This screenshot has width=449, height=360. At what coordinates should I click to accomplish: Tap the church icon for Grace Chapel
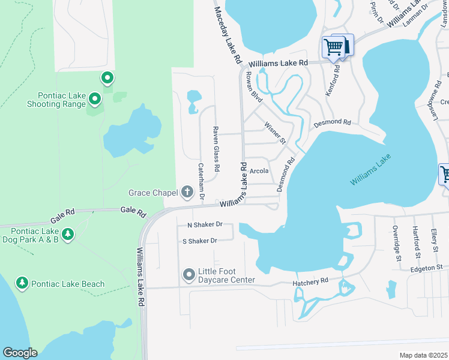click(x=187, y=193)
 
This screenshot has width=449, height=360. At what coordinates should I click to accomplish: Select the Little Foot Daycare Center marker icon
click(x=189, y=274)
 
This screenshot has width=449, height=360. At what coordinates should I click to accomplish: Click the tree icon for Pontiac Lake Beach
click(x=22, y=283)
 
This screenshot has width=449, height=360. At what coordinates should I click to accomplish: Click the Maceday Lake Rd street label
click(x=228, y=35)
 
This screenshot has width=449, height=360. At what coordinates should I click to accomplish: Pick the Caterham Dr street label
click(x=202, y=181)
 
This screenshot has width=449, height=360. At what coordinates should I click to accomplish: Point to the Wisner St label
click(x=275, y=133)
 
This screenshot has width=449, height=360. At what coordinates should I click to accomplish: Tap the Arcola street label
click(x=259, y=171)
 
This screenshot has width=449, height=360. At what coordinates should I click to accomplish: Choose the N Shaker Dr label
click(x=205, y=224)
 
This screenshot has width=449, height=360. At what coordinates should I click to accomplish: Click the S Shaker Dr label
click(x=199, y=241)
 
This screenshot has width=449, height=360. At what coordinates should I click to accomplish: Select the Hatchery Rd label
click(x=310, y=281)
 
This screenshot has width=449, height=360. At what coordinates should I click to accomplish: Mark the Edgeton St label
click(x=426, y=268)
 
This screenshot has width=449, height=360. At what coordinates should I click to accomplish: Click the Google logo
click(x=19, y=353)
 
